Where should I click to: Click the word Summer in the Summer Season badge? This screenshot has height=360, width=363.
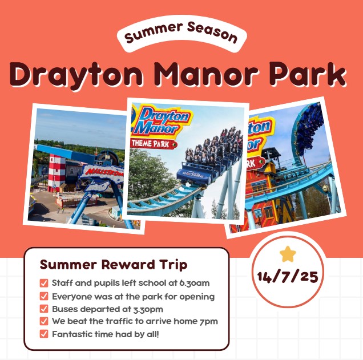tap(154, 32)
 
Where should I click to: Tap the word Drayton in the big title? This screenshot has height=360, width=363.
tap(76, 74)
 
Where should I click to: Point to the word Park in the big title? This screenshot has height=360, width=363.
tap(308, 73)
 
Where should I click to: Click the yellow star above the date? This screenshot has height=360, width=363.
tap(288, 254)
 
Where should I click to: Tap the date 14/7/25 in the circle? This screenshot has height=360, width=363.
tap(288, 276)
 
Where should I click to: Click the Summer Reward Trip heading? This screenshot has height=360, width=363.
tap(114, 265)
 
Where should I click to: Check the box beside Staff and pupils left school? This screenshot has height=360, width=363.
tap(44, 283)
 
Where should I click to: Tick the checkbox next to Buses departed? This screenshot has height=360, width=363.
tap(44, 309)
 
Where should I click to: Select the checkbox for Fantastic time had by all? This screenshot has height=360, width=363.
tap(44, 334)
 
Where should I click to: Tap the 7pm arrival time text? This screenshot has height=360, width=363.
tap(209, 322)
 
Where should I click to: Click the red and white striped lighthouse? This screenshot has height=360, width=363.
tap(57, 173)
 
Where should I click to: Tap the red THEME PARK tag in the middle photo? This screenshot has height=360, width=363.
tap(154, 144)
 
